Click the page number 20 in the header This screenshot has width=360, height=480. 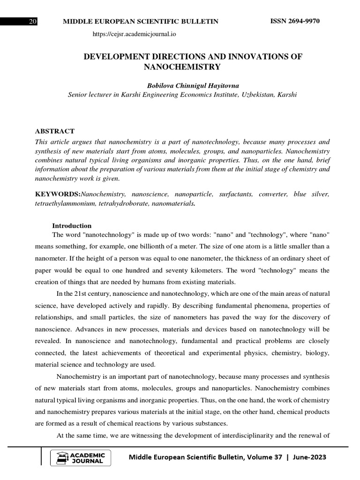pyautogui.click(x=33, y=22)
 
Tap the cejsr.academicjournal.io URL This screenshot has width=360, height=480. pyautogui.click(x=135, y=34)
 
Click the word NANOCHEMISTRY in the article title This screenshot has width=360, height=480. pyautogui.click(x=181, y=67)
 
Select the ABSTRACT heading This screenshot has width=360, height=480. pyautogui.click(x=55, y=131)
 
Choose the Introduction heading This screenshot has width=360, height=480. pyautogui.click(x=72, y=225)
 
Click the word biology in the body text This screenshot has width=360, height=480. pyautogui.click(x=318, y=352)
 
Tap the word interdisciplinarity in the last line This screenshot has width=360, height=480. pyautogui.click(x=233, y=435)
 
